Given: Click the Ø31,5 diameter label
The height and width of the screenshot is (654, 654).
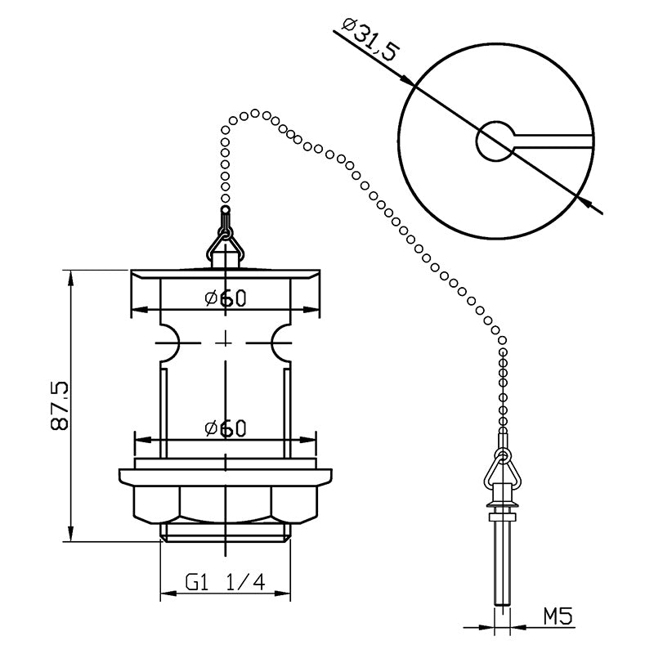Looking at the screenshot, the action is pos(371,39).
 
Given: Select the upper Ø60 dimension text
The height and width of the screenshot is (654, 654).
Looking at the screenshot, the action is pos(226,298).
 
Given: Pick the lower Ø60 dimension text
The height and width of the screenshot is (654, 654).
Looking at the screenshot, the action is pos(226,428).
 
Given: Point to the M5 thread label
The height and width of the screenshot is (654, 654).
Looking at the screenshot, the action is pos(558,616).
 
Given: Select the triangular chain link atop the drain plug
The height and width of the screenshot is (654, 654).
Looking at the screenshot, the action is pos(226,244).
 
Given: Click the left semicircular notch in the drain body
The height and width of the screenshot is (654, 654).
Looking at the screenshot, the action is pos(170,343).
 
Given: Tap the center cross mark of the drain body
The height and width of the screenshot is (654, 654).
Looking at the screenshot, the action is pos(226,343).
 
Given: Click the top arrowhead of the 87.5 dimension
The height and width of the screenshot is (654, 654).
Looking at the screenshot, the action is pos(71,279).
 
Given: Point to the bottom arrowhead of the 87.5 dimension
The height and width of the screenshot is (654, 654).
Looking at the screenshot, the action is pos(71,533).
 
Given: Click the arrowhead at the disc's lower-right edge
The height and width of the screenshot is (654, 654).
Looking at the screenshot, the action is pos(584,201).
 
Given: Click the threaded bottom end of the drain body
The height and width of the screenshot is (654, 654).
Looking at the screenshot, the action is pos(226,533).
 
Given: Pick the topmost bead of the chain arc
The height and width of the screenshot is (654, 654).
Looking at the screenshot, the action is pos(255,113).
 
